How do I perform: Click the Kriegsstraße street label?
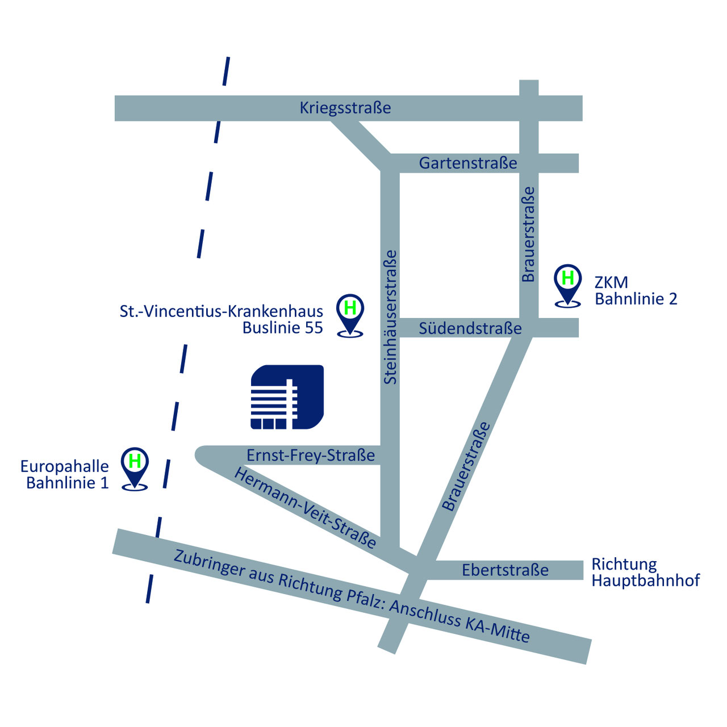click(x=345, y=108)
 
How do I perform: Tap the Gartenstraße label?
click(x=468, y=163)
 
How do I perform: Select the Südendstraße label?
click(x=470, y=328)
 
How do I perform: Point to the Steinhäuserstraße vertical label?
click(x=390, y=317)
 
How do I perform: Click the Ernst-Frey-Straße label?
click(x=311, y=456)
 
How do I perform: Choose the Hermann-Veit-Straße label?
click(x=306, y=508)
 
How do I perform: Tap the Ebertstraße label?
click(x=505, y=570)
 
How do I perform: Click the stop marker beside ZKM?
click(x=567, y=286)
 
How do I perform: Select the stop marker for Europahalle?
click(x=135, y=469)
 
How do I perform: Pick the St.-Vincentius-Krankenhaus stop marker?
click(x=350, y=316)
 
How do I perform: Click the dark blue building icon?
click(x=287, y=397)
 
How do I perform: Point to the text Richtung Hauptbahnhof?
click(x=646, y=573)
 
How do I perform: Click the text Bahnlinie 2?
click(x=636, y=299)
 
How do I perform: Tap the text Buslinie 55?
click(x=283, y=328)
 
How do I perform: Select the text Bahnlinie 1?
click(x=68, y=483)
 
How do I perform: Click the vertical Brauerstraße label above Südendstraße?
click(x=528, y=234)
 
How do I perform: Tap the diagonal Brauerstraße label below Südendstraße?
click(x=466, y=466)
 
